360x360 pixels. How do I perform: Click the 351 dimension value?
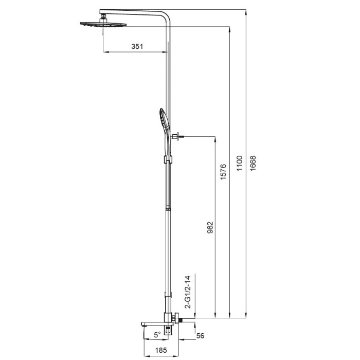tap(137, 46)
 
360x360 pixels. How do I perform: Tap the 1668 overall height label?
tap(253, 163)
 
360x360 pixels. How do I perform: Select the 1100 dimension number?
tap(240, 163)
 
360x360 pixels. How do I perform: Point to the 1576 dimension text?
tap(223, 172)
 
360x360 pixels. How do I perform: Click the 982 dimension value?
tap(210, 227)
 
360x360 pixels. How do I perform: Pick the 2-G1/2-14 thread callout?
tap(188, 292)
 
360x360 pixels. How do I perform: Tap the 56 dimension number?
tap(200, 336)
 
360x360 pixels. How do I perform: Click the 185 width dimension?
tap(161, 350)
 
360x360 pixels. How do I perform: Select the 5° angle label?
tap(157, 335)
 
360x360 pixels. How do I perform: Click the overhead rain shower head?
tap(103, 24)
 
